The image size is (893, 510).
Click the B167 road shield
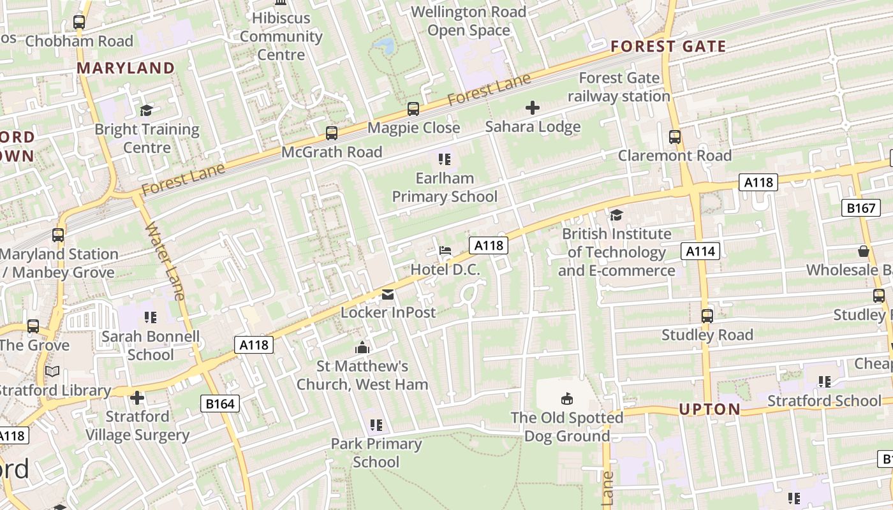tap(861, 208)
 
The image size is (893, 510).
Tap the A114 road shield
tap(700, 251)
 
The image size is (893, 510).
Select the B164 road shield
tap(221, 403)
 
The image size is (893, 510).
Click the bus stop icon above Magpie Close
tap(413, 109)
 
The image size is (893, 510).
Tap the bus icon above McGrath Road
tap(332, 133)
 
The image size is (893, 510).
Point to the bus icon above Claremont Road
tap(674, 137)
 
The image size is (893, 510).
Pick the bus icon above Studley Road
tap(707, 316)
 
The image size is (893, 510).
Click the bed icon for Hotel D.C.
tap(445, 251)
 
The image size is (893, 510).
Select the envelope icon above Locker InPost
tap(388, 295)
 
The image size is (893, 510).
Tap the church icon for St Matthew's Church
tap(362, 347)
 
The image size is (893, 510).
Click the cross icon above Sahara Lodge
tap(533, 108)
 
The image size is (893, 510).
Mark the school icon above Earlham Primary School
tap(444, 159)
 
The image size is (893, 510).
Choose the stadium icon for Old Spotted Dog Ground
tap(566, 399)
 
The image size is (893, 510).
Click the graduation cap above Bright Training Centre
tap(147, 111)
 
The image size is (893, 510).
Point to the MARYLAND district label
tap(126, 68)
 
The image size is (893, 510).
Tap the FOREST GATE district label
tap(668, 47)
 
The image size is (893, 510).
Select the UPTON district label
tap(709, 409)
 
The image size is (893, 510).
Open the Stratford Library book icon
tap(52, 371)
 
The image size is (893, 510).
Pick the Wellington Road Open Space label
tap(469, 21)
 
